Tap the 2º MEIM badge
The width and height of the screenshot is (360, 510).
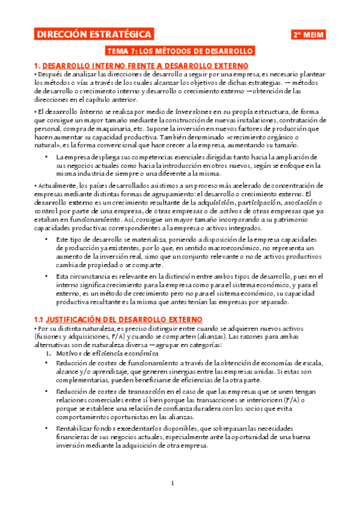308,35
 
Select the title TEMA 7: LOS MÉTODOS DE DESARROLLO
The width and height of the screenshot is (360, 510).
180,51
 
